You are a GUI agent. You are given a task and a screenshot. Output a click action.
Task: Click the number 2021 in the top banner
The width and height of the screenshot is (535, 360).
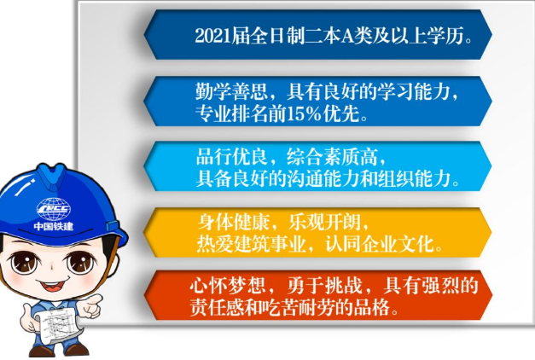[212, 36]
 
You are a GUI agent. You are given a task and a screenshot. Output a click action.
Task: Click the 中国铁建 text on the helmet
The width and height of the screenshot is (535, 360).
[55, 226]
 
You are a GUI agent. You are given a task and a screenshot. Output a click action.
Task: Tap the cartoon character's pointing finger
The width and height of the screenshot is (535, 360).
[96, 300]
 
